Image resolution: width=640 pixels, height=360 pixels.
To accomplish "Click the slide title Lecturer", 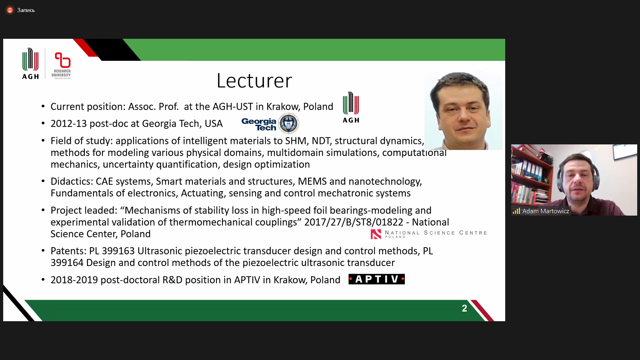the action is pyautogui.click(x=254, y=80).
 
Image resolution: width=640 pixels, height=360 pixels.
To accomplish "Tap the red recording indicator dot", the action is pyautogui.click(x=10, y=10).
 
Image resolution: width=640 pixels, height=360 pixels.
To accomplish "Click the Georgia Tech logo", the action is pyautogui.click(x=270, y=124).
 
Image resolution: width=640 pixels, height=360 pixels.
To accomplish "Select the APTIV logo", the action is pyautogui.click(x=376, y=279).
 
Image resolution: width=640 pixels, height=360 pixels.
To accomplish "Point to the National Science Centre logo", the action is pyautogui.click(x=428, y=234).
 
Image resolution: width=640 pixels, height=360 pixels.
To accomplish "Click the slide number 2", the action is pyautogui.click(x=464, y=308).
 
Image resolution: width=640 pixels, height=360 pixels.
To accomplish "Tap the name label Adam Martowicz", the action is pyautogui.click(x=546, y=211).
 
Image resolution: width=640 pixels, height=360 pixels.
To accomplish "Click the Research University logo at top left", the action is pyautogui.click(x=62, y=66).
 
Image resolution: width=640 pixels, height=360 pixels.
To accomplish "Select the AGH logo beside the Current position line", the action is pyautogui.click(x=351, y=108).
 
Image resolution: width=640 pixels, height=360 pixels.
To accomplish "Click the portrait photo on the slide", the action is pyautogui.click(x=463, y=111).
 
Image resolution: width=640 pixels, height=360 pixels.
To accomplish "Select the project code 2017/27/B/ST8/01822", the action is pyautogui.click(x=354, y=222).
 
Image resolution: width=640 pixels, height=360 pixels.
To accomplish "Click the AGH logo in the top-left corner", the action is pyautogui.click(x=30, y=64).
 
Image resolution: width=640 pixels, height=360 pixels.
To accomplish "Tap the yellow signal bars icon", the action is pyautogui.click(x=516, y=211).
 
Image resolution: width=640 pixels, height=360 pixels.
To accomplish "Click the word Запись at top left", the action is pyautogui.click(x=26, y=10).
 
